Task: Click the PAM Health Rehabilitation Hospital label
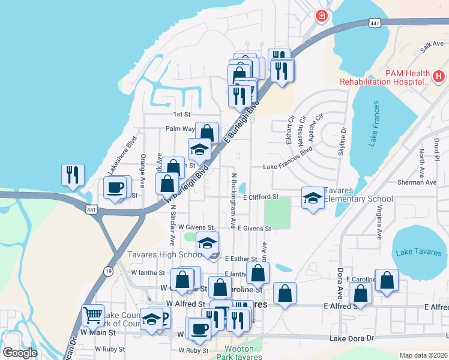click(x=385, y=77)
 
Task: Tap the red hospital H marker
click(x=439, y=77)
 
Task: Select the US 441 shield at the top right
click(x=374, y=23)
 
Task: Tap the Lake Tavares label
click(x=419, y=253)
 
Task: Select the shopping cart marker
click(x=92, y=314)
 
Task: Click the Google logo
click(x=20, y=353)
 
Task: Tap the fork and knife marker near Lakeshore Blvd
click(x=72, y=175)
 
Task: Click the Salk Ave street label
click(x=432, y=45)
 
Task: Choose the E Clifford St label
click(x=261, y=196)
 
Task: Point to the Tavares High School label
click(x=166, y=254)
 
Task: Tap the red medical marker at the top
click(x=322, y=15)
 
